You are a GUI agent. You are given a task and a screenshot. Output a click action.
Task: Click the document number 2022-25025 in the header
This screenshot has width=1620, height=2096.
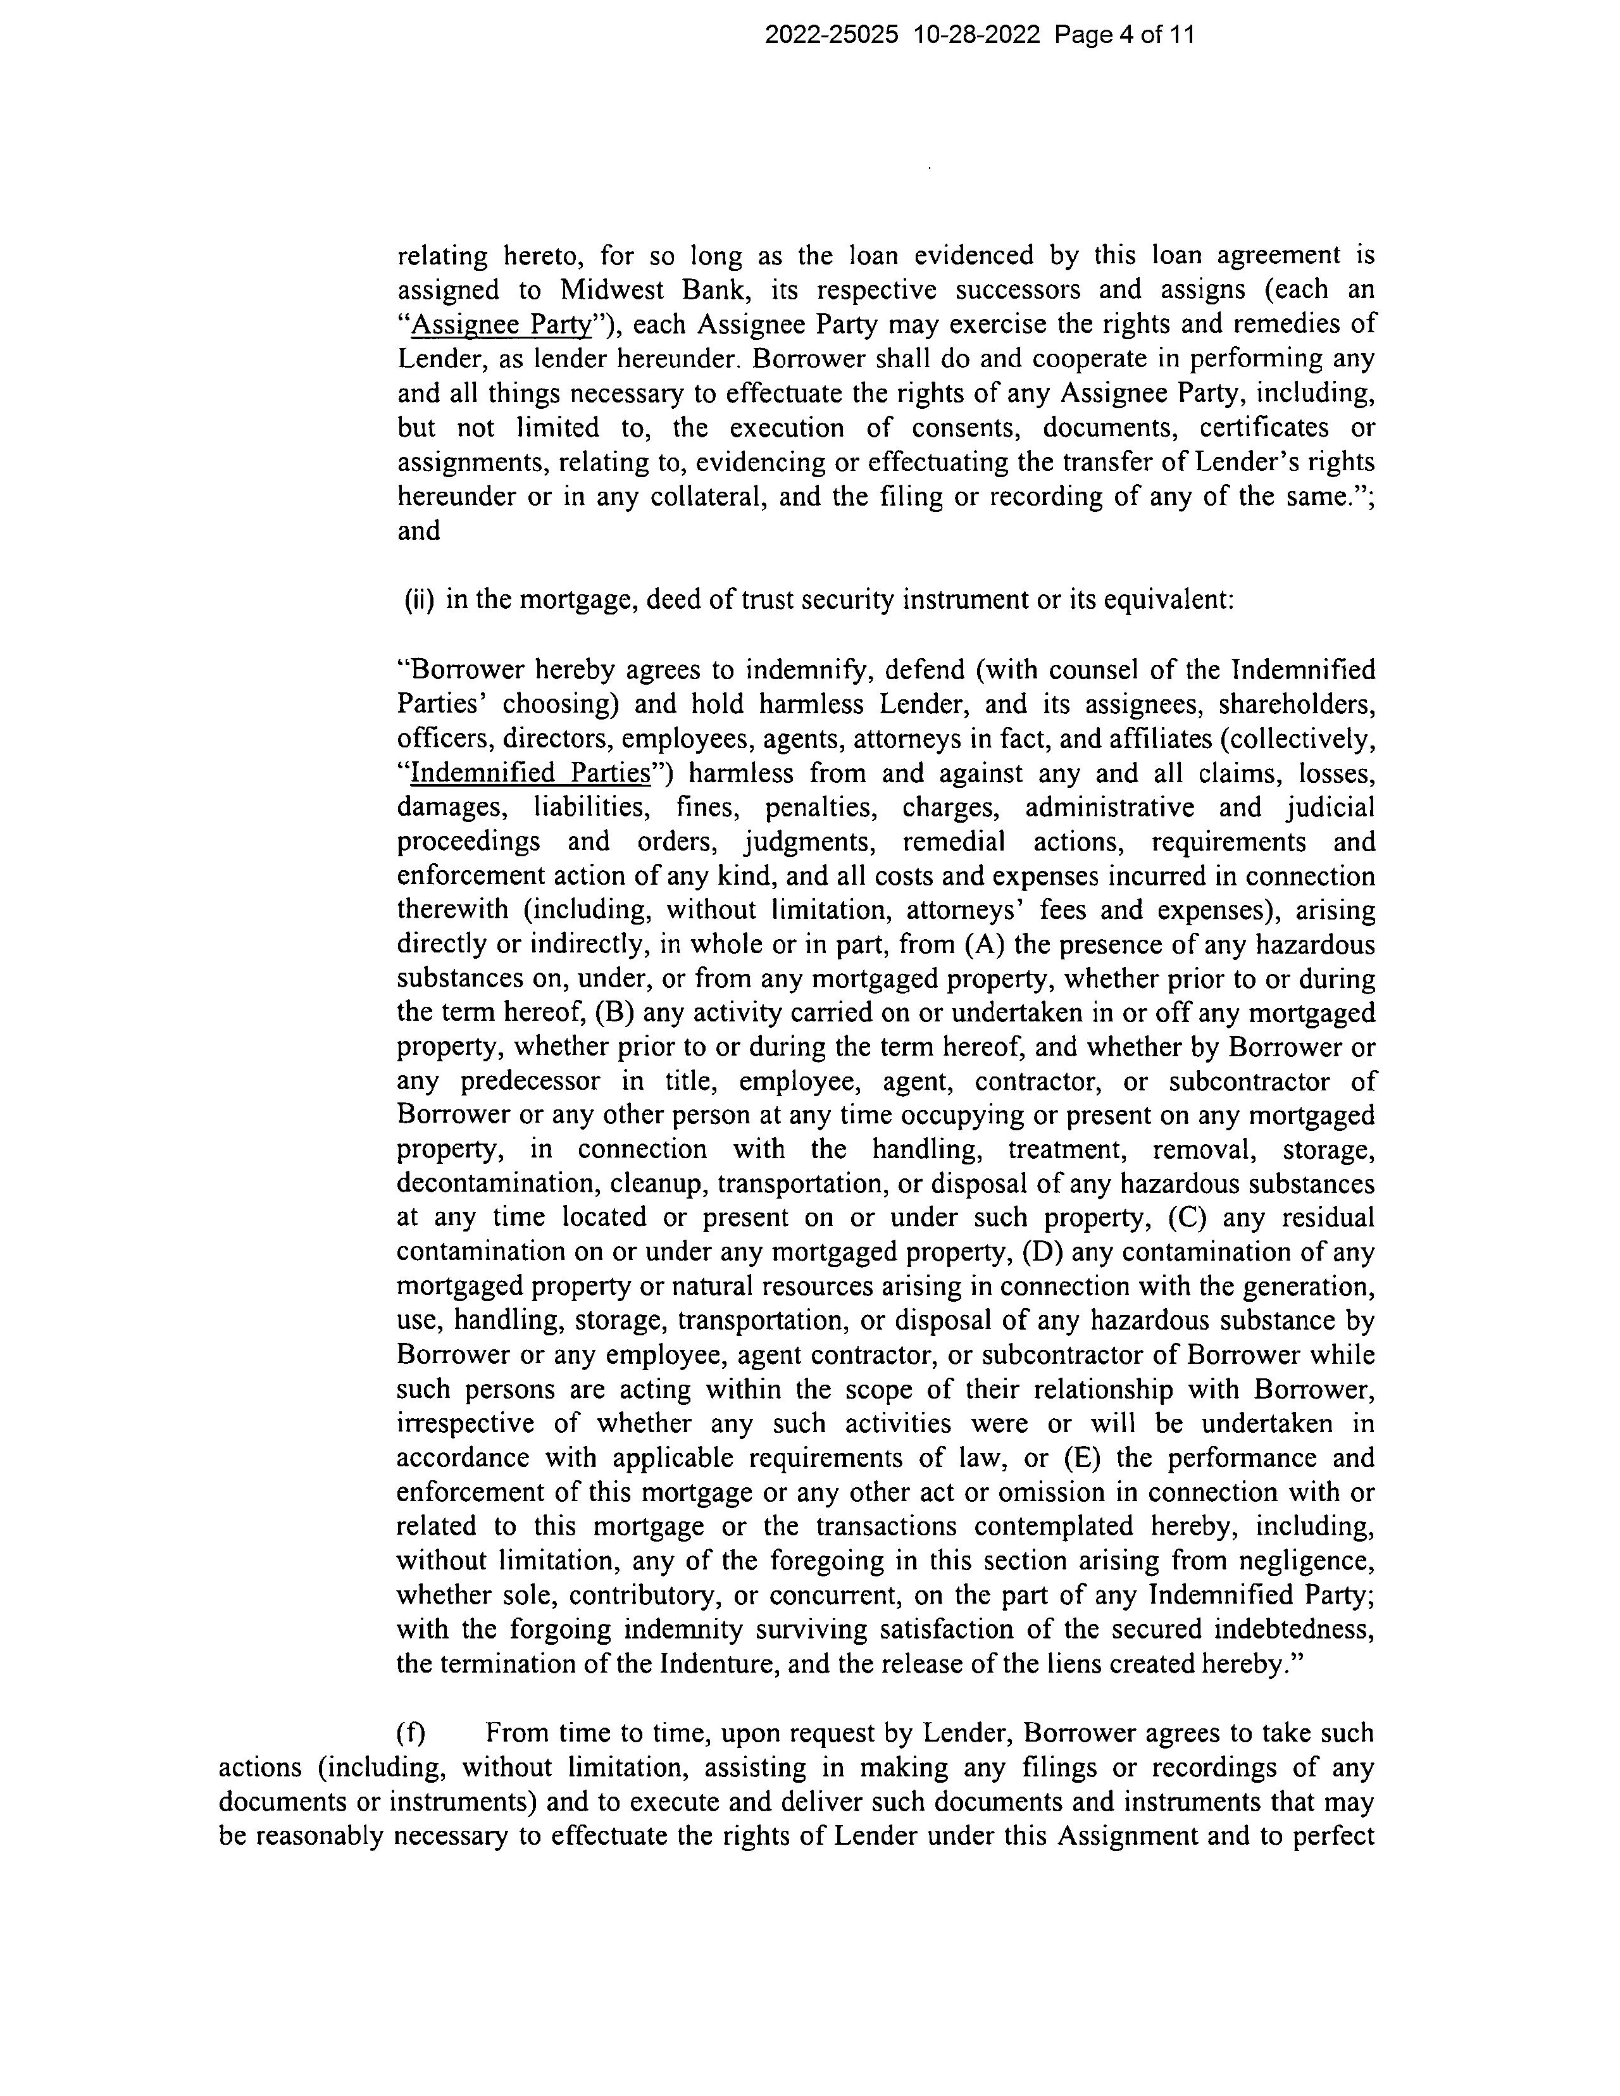click(x=832, y=35)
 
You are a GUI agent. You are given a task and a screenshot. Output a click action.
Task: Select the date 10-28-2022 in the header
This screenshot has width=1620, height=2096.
click(x=977, y=35)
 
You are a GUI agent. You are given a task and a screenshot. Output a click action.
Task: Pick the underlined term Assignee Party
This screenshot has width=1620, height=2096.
click(x=500, y=325)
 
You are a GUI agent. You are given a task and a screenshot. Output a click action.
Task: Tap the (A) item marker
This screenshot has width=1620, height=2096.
click(x=985, y=945)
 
